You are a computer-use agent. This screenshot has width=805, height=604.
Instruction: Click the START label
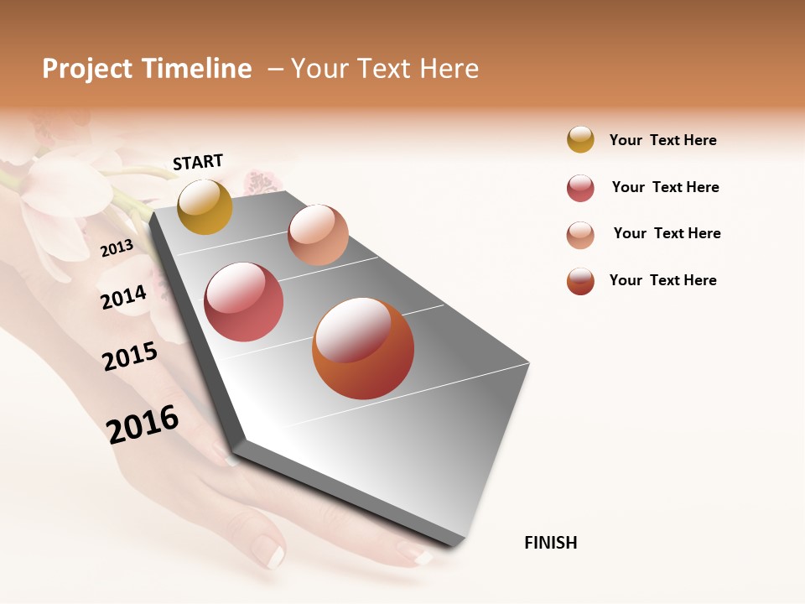(x=198, y=162)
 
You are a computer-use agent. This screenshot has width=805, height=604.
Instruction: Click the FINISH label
(x=551, y=543)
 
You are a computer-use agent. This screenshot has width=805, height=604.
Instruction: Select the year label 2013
(x=117, y=247)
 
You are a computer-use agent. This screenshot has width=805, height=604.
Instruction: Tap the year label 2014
(x=123, y=297)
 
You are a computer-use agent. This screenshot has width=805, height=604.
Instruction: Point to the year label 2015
(x=130, y=357)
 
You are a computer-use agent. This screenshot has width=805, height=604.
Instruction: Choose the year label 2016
(x=143, y=424)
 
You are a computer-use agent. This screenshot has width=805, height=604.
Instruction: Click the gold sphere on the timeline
(x=205, y=206)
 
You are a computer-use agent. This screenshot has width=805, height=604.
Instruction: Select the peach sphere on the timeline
(x=318, y=235)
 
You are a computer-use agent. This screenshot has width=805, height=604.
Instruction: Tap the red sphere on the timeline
(x=244, y=302)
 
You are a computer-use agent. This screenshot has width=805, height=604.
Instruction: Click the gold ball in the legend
(x=580, y=139)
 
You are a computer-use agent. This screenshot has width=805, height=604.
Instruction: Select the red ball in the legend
(x=580, y=188)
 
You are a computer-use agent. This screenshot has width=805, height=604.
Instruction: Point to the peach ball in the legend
(x=580, y=235)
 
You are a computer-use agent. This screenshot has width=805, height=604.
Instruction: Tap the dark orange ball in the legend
(x=580, y=281)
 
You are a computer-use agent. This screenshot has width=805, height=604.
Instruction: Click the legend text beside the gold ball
(x=662, y=140)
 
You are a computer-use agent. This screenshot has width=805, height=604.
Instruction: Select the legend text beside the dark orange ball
(x=662, y=280)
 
